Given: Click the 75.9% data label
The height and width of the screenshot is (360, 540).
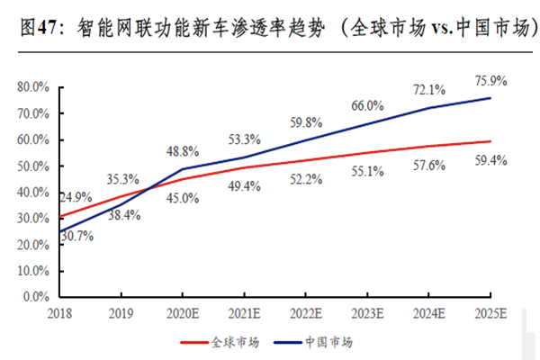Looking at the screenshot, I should pyautogui.click(x=490, y=80).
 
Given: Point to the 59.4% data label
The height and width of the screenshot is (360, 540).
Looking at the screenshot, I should pyautogui.click(x=490, y=161).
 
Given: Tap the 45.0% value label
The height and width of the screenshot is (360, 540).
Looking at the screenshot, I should pyautogui.click(x=183, y=198).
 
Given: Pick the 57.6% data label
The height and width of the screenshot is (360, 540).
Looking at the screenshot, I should pyautogui.click(x=429, y=166).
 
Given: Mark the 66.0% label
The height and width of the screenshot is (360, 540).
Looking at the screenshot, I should pyautogui.click(x=367, y=106).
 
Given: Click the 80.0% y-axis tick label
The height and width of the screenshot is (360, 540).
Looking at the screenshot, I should pyautogui.click(x=33, y=88).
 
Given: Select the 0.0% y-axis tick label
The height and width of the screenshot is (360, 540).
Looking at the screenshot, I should pyautogui.click(x=36, y=296).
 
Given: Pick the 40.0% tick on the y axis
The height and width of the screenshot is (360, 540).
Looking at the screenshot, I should pyautogui.click(x=33, y=193).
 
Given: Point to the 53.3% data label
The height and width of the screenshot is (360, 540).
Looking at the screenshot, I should pyautogui.click(x=244, y=139).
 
